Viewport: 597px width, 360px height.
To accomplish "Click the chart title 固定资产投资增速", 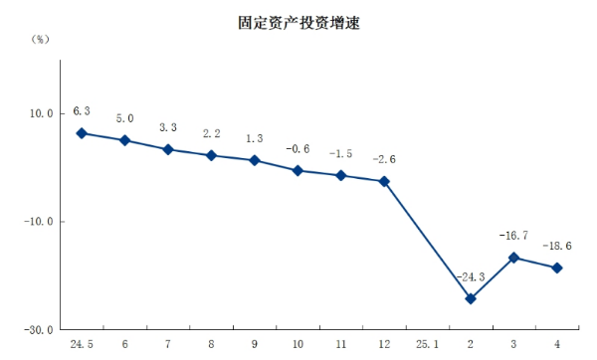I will click(x=299, y=23).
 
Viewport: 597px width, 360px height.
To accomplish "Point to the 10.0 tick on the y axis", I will click(x=41, y=113).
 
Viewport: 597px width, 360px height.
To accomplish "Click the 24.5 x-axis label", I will click(x=82, y=344).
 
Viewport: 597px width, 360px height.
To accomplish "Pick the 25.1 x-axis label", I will click(x=426, y=344).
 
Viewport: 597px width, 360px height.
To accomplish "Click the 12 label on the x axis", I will click(x=383, y=344).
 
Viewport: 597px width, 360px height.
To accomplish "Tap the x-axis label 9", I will click(x=254, y=344).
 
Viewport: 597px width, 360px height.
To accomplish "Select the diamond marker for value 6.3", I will click(x=82, y=133).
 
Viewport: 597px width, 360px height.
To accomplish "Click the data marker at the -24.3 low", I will click(x=470, y=298).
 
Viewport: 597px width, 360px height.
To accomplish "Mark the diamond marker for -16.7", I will click(x=513, y=258).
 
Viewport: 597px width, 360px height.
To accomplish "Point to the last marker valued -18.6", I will click(x=556, y=268).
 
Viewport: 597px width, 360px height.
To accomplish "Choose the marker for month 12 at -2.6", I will click(x=383, y=181).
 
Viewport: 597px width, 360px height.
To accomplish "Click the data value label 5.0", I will click(x=124, y=118).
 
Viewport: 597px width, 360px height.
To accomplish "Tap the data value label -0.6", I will click(x=298, y=149).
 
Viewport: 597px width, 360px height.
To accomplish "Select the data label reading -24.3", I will click(x=470, y=277).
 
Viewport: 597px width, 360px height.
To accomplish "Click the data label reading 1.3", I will click(x=254, y=138).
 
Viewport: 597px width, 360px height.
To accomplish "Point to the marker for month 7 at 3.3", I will click(x=168, y=149).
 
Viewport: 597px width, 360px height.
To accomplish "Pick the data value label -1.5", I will click(x=340, y=154).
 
